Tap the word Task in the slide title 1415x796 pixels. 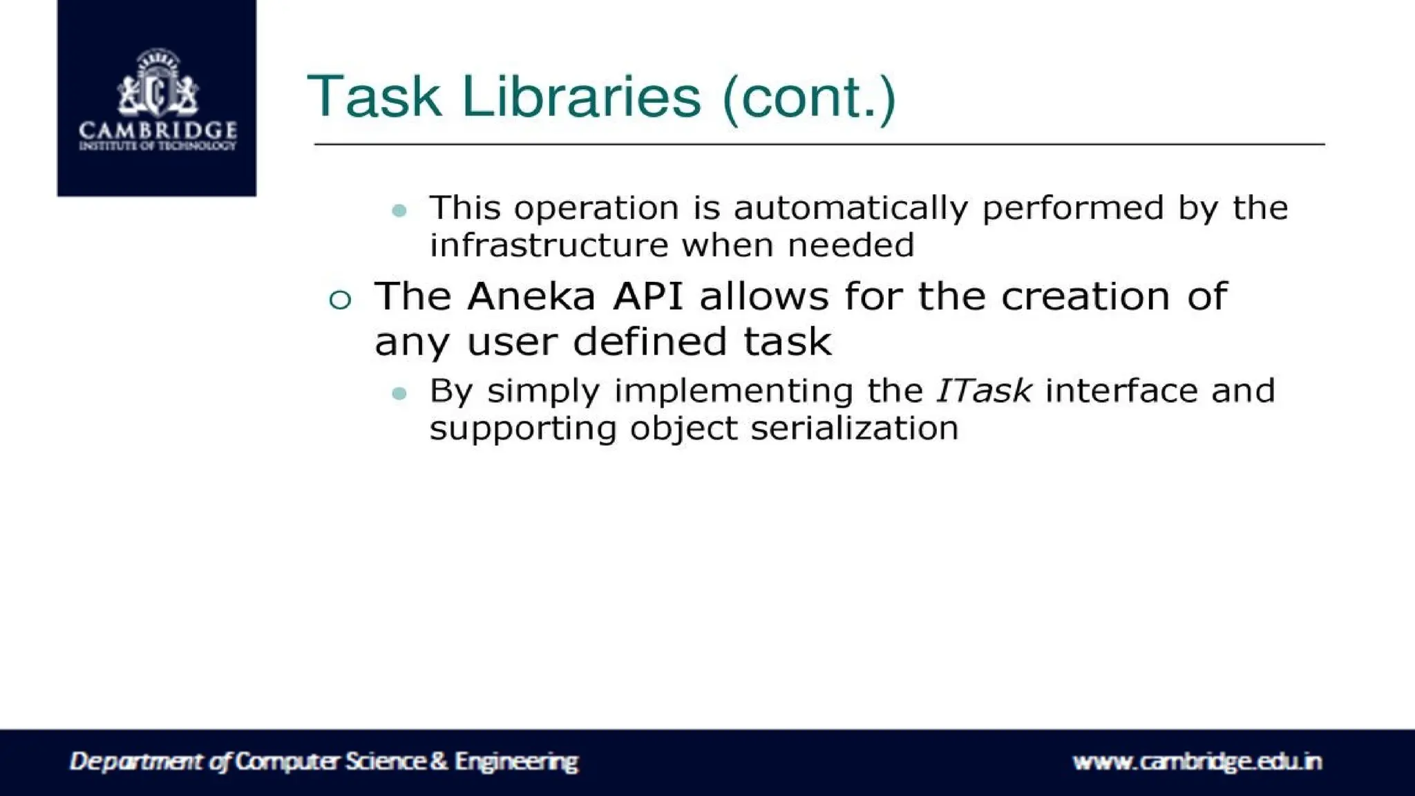374,97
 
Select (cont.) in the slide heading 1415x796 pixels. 808,98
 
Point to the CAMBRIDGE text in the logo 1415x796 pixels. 158,130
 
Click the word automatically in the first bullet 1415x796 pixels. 851,209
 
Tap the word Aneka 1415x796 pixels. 531,297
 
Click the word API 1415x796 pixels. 647,297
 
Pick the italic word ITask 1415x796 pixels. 984,391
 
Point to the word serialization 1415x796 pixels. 855,428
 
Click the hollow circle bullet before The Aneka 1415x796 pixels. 340,300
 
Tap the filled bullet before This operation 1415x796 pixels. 399,210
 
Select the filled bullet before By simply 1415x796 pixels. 399,394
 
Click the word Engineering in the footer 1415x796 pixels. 516,761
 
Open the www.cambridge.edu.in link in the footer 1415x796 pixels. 1197,761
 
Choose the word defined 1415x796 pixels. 649,342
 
